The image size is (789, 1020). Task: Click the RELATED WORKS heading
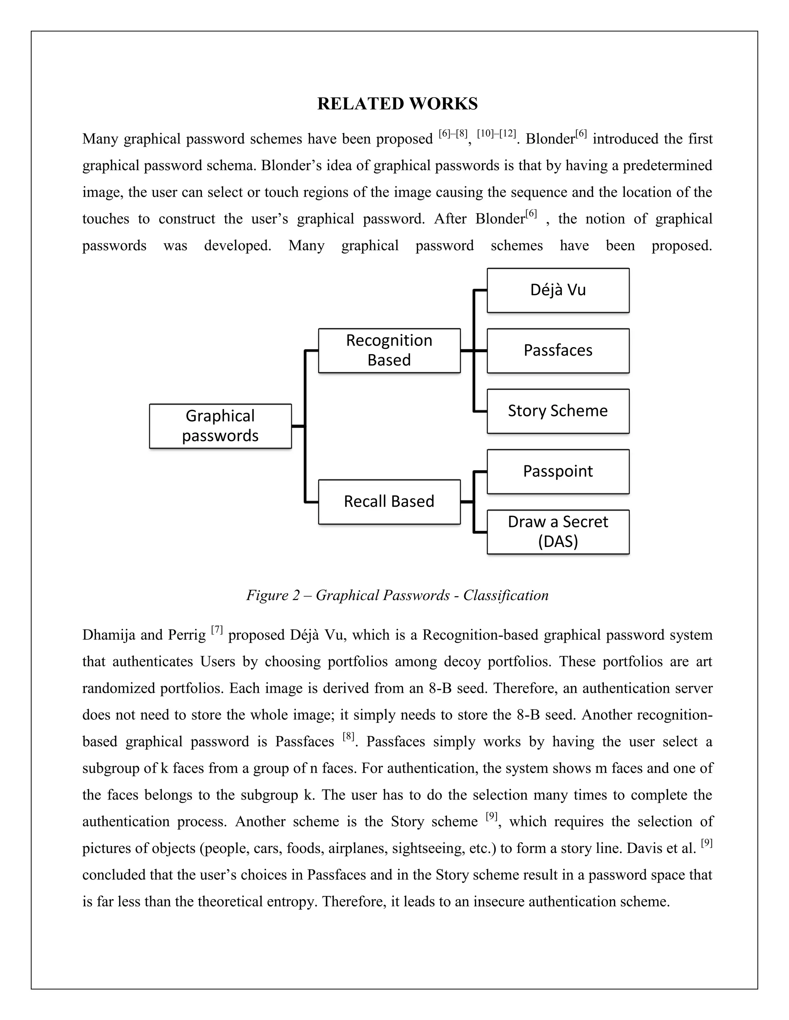[397, 104]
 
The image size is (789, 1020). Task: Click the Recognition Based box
[389, 350]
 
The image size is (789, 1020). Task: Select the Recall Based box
[389, 502]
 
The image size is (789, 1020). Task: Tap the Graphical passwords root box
[220, 426]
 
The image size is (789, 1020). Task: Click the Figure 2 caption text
[397, 595]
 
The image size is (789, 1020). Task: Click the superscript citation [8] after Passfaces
[349, 736]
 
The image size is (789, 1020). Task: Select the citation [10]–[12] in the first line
[496, 134]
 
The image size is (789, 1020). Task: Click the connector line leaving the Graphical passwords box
[298, 426]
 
